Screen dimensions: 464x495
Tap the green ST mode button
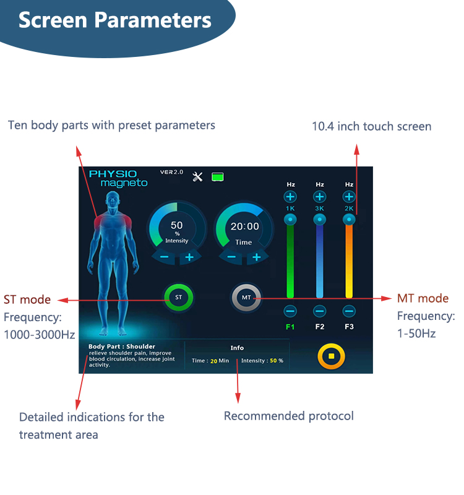[x=179, y=297]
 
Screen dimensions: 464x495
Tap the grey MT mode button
[x=246, y=298]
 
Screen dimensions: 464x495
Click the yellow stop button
[x=331, y=356]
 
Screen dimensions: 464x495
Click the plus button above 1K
[x=290, y=197]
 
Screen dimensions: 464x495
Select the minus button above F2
[x=319, y=311]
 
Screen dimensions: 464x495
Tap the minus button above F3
[x=349, y=311]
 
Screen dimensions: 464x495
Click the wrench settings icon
[x=197, y=177]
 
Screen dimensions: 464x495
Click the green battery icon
[x=218, y=177]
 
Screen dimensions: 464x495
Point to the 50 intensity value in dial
[x=177, y=225]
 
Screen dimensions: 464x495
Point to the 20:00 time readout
[x=244, y=226]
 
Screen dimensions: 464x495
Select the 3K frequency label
[x=319, y=209]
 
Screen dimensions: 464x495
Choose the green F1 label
[x=290, y=327]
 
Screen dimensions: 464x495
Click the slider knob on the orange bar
[x=349, y=220]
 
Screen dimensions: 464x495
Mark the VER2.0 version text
[x=171, y=172]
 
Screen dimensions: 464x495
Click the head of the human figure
[x=113, y=199]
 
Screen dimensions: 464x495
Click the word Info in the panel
[x=237, y=348]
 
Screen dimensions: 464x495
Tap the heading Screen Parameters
[x=115, y=20]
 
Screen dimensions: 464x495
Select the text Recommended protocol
[x=289, y=416]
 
